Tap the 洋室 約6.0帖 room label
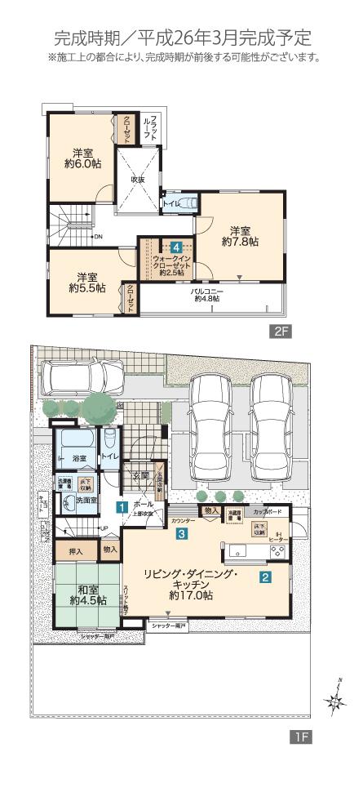click(82, 158)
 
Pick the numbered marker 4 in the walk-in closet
click(176, 247)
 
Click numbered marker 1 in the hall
click(120, 508)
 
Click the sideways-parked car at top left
click(82, 378)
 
